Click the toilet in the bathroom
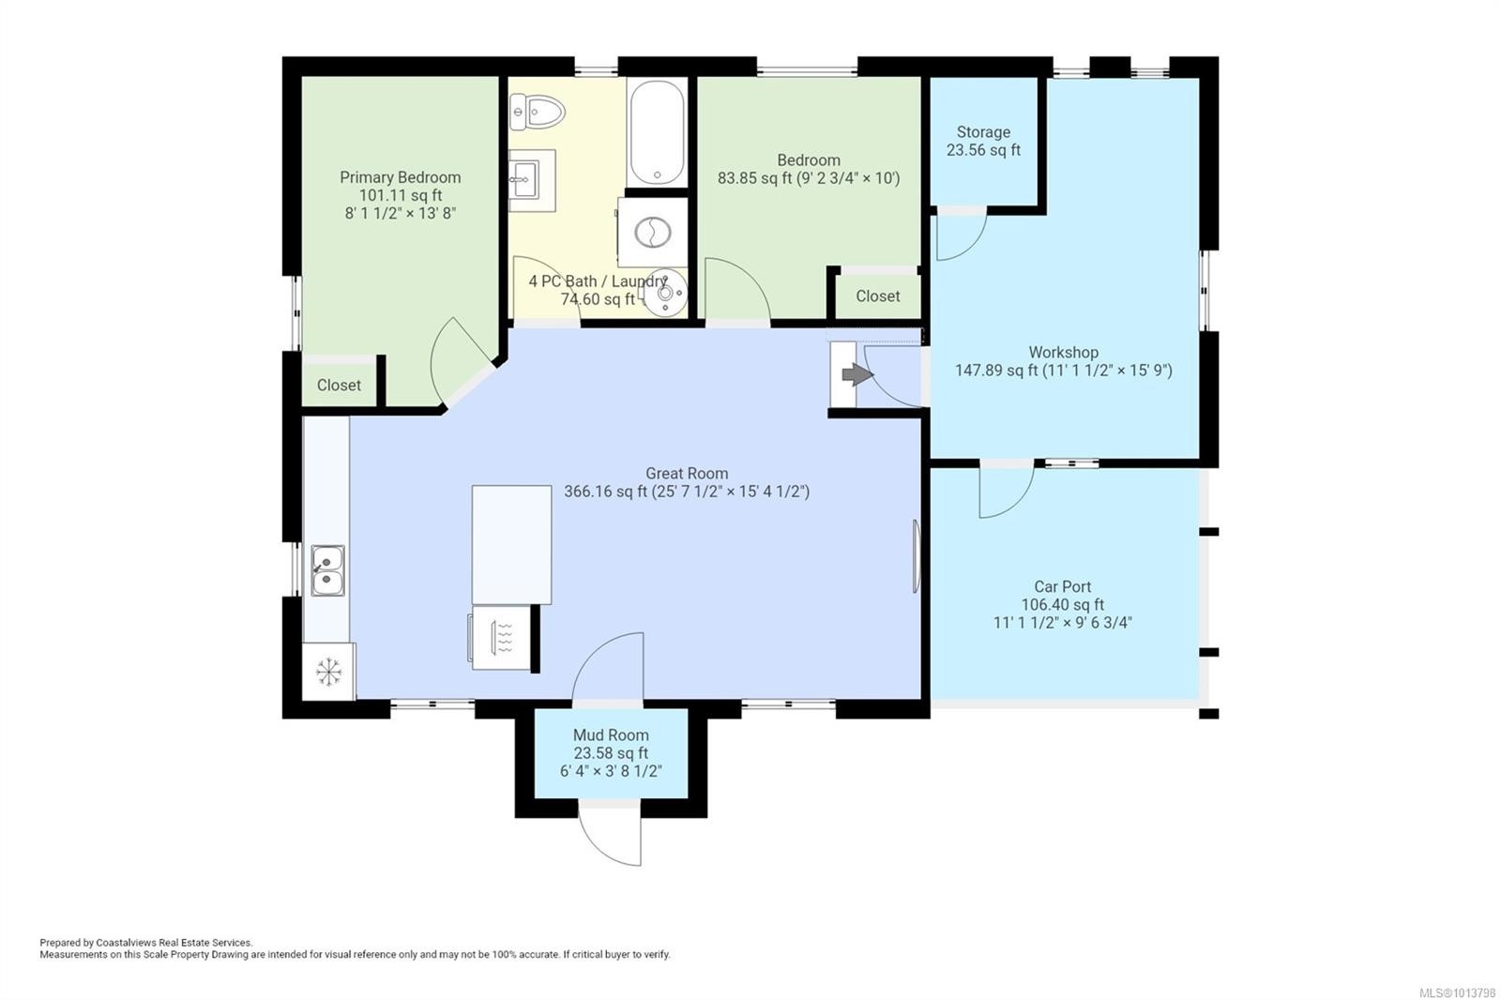pos(537,114)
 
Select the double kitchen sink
pos(327,570)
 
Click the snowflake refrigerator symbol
pos(328,672)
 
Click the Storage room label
pos(983,132)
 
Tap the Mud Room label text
pos(611,735)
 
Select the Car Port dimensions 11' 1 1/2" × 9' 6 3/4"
pos(1062,622)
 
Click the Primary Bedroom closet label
pos(339,385)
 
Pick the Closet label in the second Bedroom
pos(877,295)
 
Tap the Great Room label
pos(686,474)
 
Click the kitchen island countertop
pos(511,544)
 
